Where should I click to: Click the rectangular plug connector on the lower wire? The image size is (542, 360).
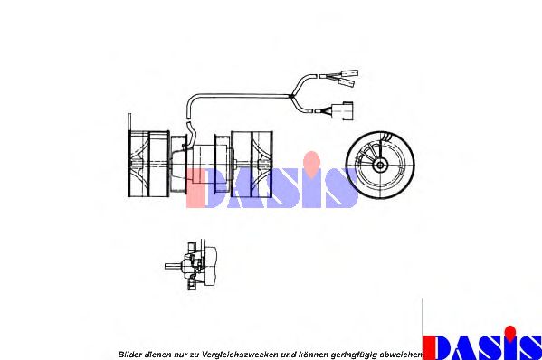click(342, 110)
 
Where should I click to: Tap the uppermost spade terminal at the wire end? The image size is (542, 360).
click(349, 73)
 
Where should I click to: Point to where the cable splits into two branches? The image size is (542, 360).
click(292, 96)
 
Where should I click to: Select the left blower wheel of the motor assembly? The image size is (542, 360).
click(148, 164)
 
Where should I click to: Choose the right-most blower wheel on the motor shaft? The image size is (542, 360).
click(252, 165)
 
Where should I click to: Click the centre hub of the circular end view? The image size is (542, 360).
click(380, 166)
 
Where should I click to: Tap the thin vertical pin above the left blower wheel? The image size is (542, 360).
click(129, 122)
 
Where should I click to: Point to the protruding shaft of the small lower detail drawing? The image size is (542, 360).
click(173, 266)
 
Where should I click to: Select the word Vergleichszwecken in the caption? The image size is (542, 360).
click(240, 355)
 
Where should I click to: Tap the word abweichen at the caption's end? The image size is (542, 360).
click(400, 355)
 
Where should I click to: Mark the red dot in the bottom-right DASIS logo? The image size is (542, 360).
click(509, 332)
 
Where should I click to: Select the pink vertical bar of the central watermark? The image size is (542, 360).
click(196, 188)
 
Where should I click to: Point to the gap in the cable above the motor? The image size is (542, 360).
click(188, 119)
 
